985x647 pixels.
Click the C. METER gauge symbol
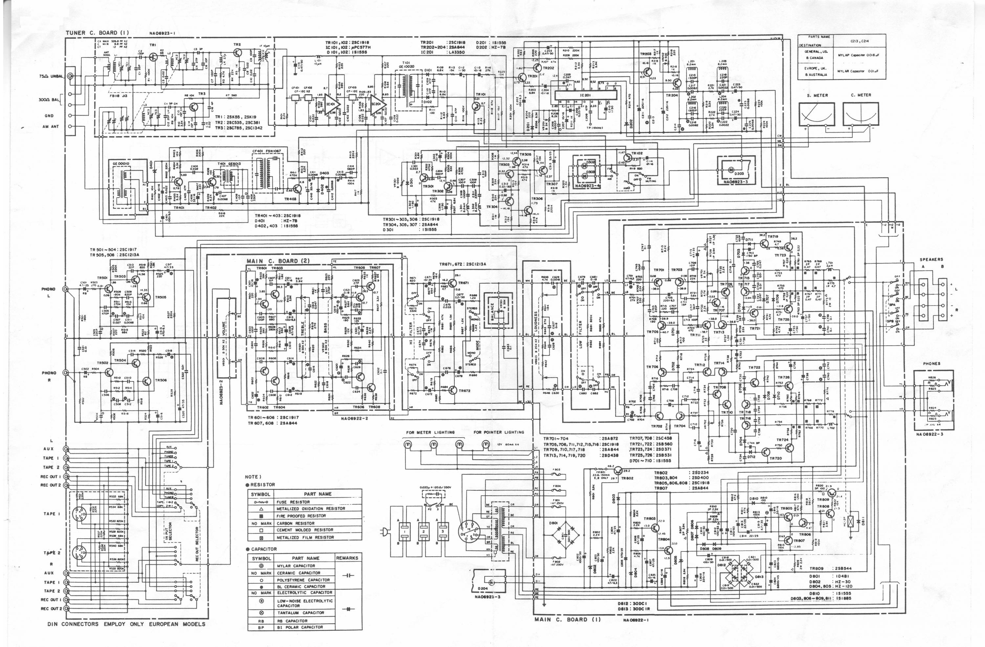(x=861, y=114)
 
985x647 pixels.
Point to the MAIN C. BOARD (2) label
(x=278, y=261)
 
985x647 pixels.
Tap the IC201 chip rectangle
(x=585, y=95)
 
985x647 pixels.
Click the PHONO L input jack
(x=65, y=289)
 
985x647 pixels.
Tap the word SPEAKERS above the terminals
(x=931, y=259)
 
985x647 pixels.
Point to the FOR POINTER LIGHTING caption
(x=499, y=432)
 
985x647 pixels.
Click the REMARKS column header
(x=347, y=558)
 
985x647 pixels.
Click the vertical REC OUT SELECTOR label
(x=197, y=544)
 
